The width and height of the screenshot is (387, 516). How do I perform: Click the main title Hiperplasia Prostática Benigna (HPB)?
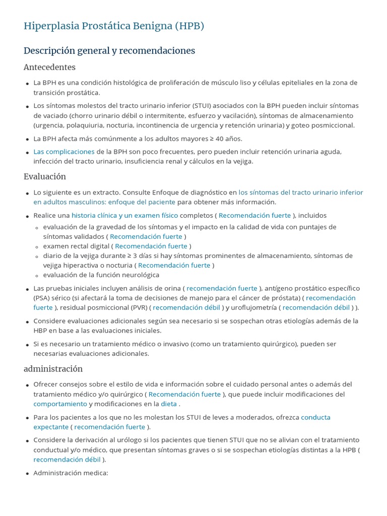tap(114, 26)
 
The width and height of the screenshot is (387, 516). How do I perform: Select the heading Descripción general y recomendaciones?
tap(109, 51)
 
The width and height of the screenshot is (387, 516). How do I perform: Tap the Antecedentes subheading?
tap(49, 67)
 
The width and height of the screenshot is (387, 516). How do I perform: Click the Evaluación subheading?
tap(45, 176)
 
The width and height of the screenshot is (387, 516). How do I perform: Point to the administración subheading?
tap(53, 369)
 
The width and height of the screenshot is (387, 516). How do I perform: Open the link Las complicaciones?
tap(64, 152)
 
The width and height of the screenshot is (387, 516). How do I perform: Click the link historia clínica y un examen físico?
tap(125, 215)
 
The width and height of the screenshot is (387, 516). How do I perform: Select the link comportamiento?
tap(60, 404)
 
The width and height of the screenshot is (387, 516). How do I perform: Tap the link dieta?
tap(169, 404)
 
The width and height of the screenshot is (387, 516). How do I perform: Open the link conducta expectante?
tap(315, 417)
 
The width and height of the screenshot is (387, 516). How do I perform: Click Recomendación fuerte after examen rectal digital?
tap(151, 246)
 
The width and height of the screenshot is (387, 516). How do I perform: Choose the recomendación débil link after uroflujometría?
tap(316, 307)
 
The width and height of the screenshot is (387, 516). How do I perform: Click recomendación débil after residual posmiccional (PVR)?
tap(186, 307)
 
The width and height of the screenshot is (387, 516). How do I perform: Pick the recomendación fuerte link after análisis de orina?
tap(222, 288)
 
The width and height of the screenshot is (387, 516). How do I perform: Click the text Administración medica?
tap(71, 473)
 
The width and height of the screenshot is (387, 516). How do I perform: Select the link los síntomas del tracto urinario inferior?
tap(300, 192)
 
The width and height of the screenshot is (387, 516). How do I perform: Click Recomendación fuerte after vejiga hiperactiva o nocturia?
tap(174, 265)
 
